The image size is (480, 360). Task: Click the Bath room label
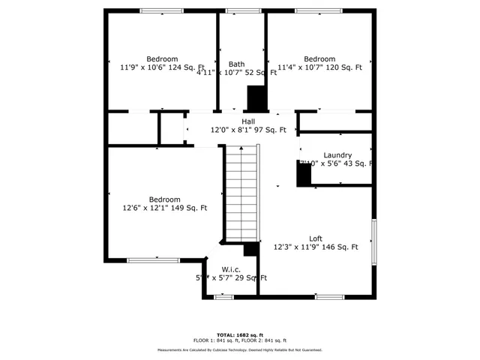237,64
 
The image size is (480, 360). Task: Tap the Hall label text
248,121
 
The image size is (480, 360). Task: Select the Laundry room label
337,155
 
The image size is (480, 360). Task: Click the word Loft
316,238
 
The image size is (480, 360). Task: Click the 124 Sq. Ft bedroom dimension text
163,67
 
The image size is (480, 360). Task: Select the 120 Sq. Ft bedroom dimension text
319,67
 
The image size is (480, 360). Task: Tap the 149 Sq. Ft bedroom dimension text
165,208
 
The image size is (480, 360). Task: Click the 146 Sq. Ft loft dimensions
316,247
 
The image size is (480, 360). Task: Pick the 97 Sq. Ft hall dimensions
248,130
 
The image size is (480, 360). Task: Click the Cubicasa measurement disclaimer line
240,350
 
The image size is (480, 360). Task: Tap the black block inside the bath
256,97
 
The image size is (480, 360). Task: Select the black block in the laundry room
304,175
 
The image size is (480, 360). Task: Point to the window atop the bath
239,10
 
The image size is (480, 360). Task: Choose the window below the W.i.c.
223,297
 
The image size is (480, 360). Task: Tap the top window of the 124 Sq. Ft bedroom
161,10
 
